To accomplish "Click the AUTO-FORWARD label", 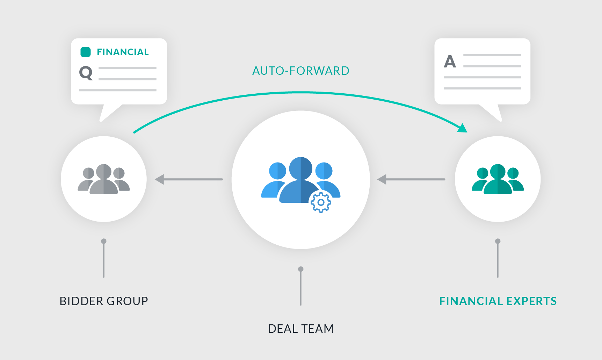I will point(301,71).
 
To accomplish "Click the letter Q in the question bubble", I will point(86,73).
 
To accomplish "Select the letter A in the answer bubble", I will point(450,62).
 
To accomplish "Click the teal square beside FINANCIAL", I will point(86,52).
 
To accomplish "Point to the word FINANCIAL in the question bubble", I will point(123,52).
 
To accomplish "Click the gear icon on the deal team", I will point(321,202).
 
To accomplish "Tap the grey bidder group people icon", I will point(104,179).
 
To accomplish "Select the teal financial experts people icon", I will point(498,179).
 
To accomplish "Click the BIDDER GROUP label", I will point(104,301).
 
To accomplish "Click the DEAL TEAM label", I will point(301,329).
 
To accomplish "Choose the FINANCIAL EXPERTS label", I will point(498,301).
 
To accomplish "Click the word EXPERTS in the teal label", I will point(531,301).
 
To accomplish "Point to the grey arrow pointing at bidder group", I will point(189,179).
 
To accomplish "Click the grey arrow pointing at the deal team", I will point(411,179).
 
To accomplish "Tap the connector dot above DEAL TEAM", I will point(301,269).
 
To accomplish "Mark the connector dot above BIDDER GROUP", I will point(104,241).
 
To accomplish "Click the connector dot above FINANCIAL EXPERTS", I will point(498,241).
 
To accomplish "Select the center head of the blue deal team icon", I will point(301,168).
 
